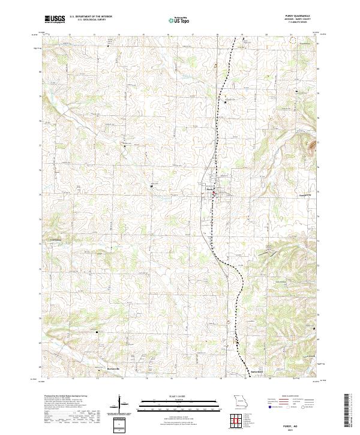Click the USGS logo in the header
tap(54, 19)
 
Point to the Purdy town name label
tap(210, 190)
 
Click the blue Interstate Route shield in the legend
tap(267, 412)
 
